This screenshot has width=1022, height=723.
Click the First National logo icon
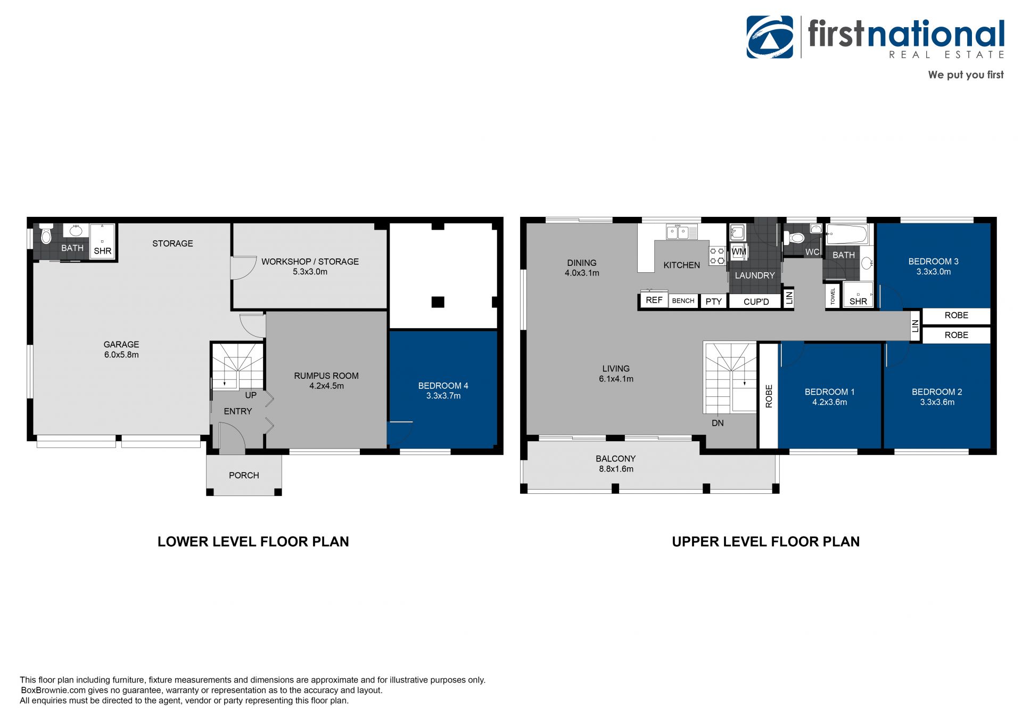tap(770, 37)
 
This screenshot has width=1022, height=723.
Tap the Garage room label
tap(121, 345)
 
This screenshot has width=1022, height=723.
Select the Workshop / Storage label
tap(310, 262)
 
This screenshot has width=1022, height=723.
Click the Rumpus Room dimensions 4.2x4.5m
tap(326, 386)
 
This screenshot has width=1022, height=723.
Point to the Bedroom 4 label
tap(443, 386)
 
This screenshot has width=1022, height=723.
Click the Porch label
tap(244, 475)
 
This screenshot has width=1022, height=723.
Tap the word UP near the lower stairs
tap(251, 395)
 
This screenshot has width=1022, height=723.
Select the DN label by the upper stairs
tap(718, 423)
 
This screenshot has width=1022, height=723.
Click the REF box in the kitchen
tap(654, 300)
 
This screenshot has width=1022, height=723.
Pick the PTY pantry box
tap(713, 301)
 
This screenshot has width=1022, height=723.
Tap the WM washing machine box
tap(739, 251)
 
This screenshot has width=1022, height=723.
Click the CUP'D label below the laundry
tap(756, 302)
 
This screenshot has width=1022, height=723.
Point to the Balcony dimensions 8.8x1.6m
tap(616, 469)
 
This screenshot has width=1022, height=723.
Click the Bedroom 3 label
tap(933, 262)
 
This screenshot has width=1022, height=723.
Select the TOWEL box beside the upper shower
tap(833, 296)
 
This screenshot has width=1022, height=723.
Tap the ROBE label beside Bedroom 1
tap(769, 396)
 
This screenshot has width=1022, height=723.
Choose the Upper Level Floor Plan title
tap(765, 542)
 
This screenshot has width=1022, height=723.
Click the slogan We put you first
tap(966, 75)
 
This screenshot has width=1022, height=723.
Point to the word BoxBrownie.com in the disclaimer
tap(54, 690)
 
